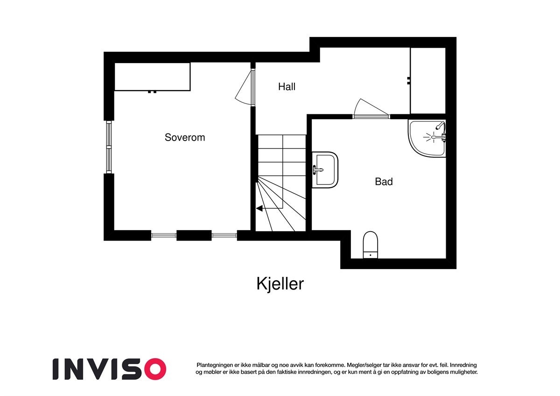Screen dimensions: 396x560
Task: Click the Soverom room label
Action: coord(185,137)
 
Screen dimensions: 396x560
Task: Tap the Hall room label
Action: coord(287,86)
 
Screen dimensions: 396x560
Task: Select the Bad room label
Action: coord(384,182)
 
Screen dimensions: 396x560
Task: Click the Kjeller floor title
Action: coord(280,283)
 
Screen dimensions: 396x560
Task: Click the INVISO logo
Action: coord(109,368)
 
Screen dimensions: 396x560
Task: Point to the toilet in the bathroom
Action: coord(370,244)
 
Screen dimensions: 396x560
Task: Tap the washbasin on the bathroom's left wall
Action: coord(324,170)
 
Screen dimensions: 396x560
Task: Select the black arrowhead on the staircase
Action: coord(259,209)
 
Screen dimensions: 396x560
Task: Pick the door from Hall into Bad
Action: coord(371,110)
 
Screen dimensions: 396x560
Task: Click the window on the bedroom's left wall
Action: coord(109,147)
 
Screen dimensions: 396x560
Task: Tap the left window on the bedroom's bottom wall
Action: coord(163,235)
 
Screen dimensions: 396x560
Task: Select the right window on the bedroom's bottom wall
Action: coord(224,235)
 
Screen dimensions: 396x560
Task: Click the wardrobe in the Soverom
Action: coord(152,77)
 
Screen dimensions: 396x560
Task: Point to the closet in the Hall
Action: coord(427,80)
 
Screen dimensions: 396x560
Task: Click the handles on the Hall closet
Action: coord(408,80)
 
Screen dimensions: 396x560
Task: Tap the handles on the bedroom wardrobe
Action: coord(152,92)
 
